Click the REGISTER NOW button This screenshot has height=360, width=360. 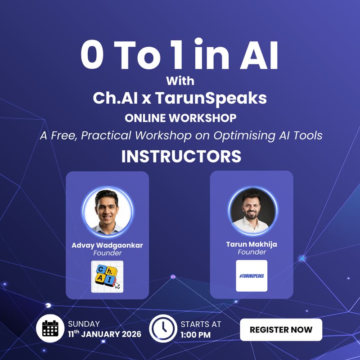pyautogui.click(x=281, y=329)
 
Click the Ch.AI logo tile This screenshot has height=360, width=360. pyautogui.click(x=107, y=276)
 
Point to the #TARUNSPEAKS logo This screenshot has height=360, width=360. pyautogui.click(x=252, y=275)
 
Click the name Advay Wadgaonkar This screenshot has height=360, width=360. pyautogui.click(x=107, y=245)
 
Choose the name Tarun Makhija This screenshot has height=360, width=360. pyautogui.click(x=252, y=244)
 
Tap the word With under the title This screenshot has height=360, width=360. pyautogui.click(x=180, y=81)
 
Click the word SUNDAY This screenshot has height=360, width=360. pyautogui.click(x=84, y=324)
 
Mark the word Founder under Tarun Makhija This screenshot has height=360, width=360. pyautogui.click(x=252, y=252)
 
